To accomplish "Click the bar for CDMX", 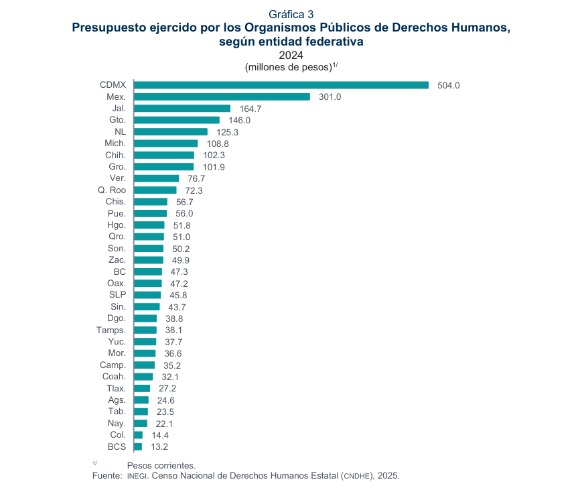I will pos(281,85).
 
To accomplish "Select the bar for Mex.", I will pos(222,97).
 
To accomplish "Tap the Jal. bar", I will pos(182,109).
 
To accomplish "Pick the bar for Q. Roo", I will pos(155,190).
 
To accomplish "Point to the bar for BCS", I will pos(138,446).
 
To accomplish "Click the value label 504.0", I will pos(448,85).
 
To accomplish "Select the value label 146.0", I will pos(239,120).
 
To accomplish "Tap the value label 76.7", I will pos(196,179).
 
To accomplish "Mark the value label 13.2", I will pos(159,446).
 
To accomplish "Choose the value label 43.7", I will pos(177,307).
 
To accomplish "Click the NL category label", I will pos(121,132).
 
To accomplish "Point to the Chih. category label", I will pos(115,156).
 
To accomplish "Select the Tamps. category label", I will pos(112,330).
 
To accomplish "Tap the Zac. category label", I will pos(117,260).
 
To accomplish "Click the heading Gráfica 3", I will pos(291,14).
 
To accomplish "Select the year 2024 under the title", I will pos(291,55).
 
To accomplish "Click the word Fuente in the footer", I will pos(107,475).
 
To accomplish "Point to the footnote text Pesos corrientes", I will pos(161,465).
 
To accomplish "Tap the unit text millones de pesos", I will pos(288,67).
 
